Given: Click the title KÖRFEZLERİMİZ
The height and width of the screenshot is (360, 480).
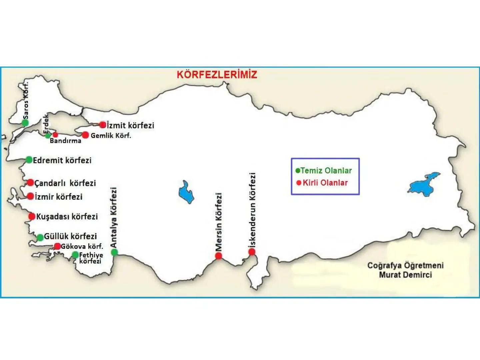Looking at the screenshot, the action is tap(217, 74).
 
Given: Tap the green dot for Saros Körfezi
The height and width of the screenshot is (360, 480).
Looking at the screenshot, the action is tap(25, 123).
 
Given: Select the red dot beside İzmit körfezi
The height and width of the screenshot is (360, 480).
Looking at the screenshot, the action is tap(103, 125).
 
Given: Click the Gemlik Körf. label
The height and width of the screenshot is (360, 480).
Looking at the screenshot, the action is tap(111, 136).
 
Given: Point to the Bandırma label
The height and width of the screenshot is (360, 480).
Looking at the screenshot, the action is tap(65, 141).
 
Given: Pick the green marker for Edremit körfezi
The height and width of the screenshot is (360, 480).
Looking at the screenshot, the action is tap(29, 160).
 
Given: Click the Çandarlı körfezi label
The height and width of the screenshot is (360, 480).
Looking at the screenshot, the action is tap(65, 183).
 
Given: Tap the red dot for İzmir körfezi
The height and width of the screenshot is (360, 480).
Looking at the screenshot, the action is tap(31, 196).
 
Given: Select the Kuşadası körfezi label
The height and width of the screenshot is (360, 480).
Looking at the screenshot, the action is tap(67, 217).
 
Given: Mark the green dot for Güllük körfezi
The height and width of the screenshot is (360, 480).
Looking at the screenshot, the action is tap(40, 237).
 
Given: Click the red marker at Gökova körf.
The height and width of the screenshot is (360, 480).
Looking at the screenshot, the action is tap(57, 246).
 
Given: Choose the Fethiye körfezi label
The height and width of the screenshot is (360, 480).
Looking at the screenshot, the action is tap(91, 258).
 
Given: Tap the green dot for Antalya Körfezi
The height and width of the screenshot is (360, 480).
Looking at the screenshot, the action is tap(114, 252).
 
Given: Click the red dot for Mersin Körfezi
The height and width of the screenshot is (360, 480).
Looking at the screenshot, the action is tap(219, 256).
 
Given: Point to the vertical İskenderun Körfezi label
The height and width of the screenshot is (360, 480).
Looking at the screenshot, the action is tap(252, 210).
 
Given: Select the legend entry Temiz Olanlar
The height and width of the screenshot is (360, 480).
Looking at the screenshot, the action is tap(326, 171).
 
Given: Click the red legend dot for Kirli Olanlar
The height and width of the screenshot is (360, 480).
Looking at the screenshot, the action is tap(299, 183).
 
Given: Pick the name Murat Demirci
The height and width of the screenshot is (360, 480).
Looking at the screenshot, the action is tap(405, 275).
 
